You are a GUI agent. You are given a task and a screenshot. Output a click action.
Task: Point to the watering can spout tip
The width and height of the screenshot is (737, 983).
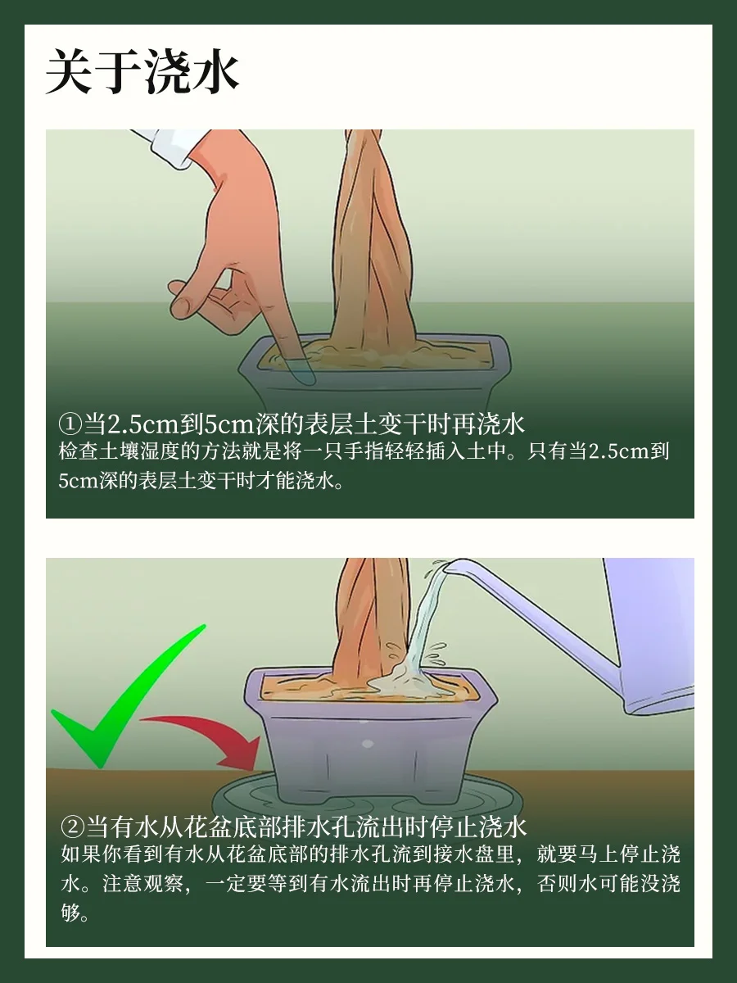pyautogui.click(x=445, y=567)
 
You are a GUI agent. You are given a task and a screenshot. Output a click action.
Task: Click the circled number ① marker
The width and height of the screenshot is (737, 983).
pyautogui.click(x=70, y=424)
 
